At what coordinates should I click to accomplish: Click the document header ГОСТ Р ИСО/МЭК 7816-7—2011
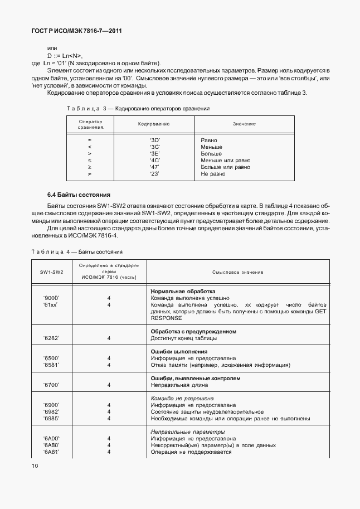pyautogui.click(x=76, y=31)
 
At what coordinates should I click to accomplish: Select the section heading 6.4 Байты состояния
pyautogui.click(x=79, y=195)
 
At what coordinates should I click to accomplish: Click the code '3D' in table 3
pyautogui.click(x=155, y=140)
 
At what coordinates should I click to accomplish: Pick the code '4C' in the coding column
pyautogui.click(x=155, y=160)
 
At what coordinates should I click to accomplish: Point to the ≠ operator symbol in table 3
pyautogui.click(x=89, y=174)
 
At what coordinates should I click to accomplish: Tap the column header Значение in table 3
pyautogui.click(x=244, y=123)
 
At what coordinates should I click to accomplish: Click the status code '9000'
pyautogui.click(x=51, y=298)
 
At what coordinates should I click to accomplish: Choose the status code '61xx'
pyautogui.click(x=51, y=305)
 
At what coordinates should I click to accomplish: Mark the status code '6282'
pyautogui.click(x=51, y=338)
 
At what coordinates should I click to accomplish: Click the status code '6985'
pyautogui.click(x=51, y=418)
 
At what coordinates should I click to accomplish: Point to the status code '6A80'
pyautogui.click(x=51, y=445)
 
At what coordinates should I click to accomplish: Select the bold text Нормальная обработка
pyautogui.click(x=183, y=291)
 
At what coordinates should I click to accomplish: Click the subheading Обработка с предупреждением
pyautogui.click(x=193, y=331)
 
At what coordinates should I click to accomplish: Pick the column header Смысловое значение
pyautogui.click(x=237, y=272)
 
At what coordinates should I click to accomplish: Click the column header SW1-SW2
pyautogui.click(x=51, y=272)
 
